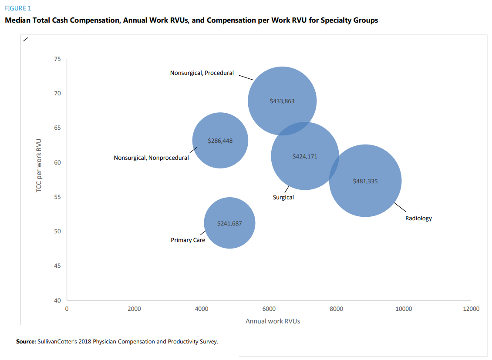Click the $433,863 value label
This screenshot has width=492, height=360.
[x=282, y=101]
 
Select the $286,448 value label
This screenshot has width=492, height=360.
[x=220, y=141]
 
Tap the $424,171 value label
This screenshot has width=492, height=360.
[x=305, y=156]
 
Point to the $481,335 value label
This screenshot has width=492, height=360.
[x=365, y=181]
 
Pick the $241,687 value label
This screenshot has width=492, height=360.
[x=229, y=223]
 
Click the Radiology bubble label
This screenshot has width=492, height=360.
[x=418, y=218]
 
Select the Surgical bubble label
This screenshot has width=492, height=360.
[x=283, y=197]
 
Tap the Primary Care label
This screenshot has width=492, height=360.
[x=188, y=240]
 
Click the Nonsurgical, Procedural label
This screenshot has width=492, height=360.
[x=202, y=73]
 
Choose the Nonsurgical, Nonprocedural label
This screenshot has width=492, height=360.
[x=151, y=158]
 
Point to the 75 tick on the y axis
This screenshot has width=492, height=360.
[x=57, y=59]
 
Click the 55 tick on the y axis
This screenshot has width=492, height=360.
[x=57, y=197]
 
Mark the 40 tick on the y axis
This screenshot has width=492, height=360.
[x=57, y=300]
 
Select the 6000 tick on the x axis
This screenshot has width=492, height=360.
[x=269, y=309]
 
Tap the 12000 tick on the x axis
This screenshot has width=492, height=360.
[x=471, y=309]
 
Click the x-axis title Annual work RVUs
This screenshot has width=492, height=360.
[x=273, y=321]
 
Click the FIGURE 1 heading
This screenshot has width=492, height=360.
[x=18, y=8]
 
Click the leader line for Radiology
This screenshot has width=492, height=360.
[x=400, y=207]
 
